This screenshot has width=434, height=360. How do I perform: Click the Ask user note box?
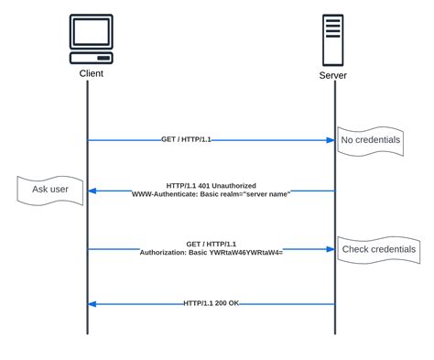[49, 191]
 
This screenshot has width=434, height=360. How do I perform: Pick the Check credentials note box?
[378, 249]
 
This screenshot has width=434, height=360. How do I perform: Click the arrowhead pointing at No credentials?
[331, 140]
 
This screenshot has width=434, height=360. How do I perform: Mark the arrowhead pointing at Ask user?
[92, 191]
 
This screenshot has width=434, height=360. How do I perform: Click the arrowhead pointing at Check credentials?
[331, 249]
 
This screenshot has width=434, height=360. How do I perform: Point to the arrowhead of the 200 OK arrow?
[92, 304]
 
